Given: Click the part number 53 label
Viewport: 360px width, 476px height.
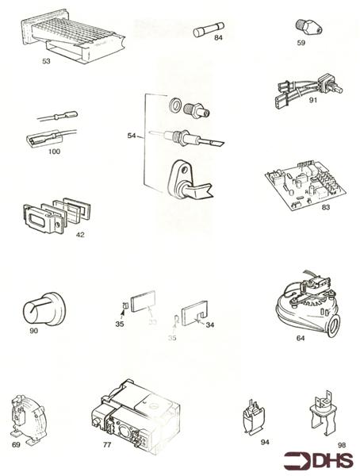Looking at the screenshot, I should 47,59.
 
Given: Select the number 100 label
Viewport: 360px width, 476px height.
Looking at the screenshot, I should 55,151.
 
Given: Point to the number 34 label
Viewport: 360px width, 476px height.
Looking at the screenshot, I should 209,324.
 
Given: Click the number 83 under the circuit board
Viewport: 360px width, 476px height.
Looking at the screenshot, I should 304,209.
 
